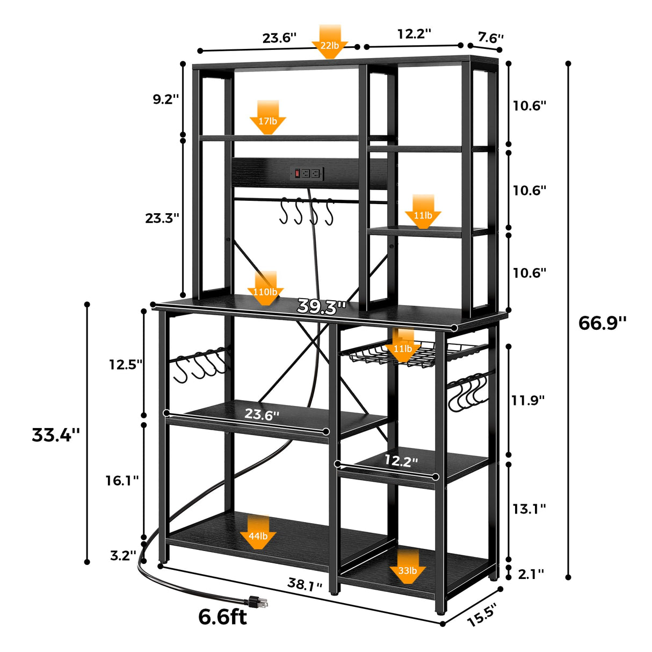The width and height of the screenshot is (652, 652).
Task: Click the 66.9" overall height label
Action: (602, 323)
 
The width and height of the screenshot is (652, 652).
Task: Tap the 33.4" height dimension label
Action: (56, 434)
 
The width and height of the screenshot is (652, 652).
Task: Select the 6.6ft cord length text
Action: (222, 617)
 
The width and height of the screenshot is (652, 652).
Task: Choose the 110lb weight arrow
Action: (265, 288)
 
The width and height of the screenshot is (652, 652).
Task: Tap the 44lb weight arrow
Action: (258, 532)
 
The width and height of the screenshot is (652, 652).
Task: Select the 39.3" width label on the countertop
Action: (322, 307)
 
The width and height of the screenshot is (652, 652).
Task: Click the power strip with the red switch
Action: (307, 173)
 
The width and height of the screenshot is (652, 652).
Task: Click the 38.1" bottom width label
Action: (305, 584)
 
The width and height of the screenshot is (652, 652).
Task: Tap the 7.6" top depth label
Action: (490, 37)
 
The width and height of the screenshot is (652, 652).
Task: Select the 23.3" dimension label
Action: (162, 218)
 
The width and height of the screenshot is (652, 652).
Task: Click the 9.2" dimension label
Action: (165, 99)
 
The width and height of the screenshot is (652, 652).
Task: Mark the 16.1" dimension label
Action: (122, 481)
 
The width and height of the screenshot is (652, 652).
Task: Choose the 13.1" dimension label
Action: (529, 509)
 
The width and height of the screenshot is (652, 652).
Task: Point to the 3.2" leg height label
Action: (123, 555)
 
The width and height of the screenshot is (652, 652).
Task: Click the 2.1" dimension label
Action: (531, 574)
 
